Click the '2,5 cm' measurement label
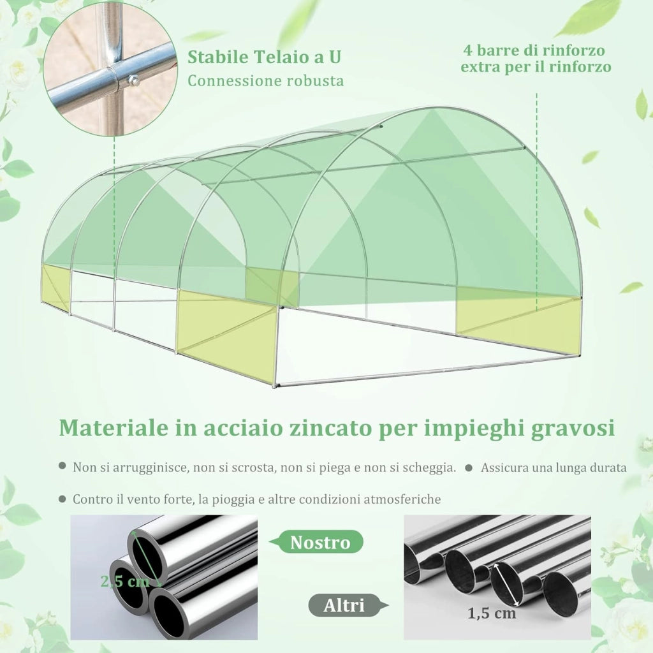(125, 580)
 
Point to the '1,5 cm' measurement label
(492, 613)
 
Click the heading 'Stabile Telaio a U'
(264, 57)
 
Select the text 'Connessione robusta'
(266, 81)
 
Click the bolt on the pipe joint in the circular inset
(134, 78)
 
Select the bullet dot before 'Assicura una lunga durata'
(469, 467)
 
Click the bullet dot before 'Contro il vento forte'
(62, 499)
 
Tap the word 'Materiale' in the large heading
(114, 428)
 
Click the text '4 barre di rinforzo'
(534, 50)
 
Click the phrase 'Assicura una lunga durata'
(554, 467)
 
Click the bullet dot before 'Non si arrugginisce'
(62, 466)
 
